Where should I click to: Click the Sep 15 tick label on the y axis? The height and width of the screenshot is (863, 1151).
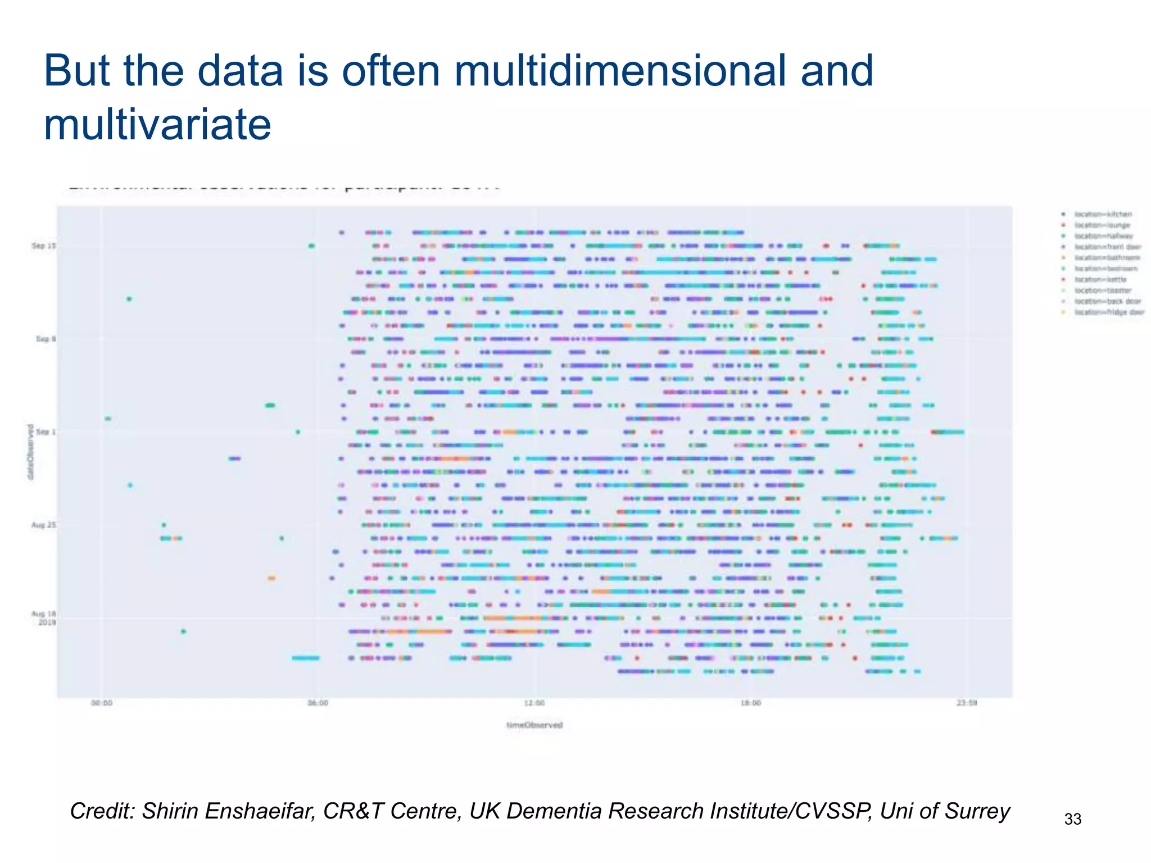tap(43, 246)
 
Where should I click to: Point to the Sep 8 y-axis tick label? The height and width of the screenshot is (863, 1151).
tap(46, 339)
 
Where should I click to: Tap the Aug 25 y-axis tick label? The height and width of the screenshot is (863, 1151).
tap(43, 525)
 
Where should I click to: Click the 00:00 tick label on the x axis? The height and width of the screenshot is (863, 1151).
tap(101, 703)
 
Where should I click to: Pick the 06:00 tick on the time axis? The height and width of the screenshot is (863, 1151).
tap(318, 703)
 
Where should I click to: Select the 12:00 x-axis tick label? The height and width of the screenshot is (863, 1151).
tap(534, 703)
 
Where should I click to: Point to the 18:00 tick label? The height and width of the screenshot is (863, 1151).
tap(751, 703)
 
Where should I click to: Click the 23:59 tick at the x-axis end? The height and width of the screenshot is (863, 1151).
tap(967, 703)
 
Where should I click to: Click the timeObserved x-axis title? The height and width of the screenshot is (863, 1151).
tap(534, 725)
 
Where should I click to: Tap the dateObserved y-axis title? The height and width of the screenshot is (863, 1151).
tap(30, 452)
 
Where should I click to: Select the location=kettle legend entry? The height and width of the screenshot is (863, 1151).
tap(1100, 279)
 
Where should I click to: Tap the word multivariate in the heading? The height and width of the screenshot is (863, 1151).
tap(157, 124)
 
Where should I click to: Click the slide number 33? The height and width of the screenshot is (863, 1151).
tap(1073, 819)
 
